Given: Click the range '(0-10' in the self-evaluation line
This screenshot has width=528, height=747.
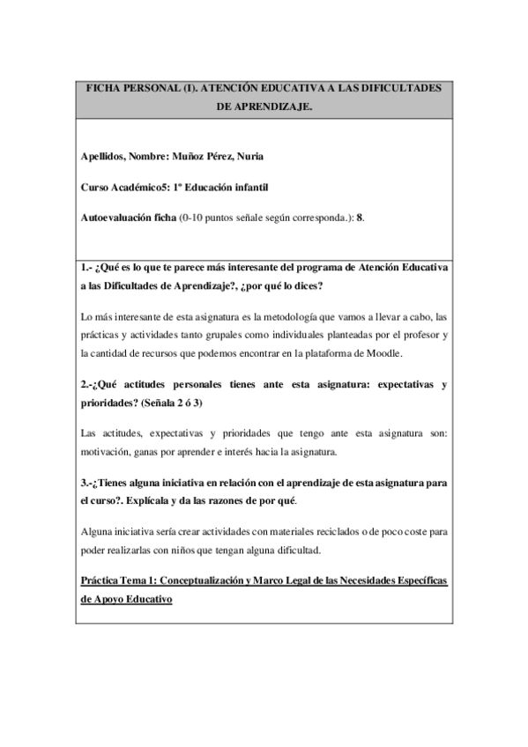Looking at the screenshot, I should [x=192, y=218].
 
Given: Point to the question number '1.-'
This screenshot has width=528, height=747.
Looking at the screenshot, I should [x=86, y=268].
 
